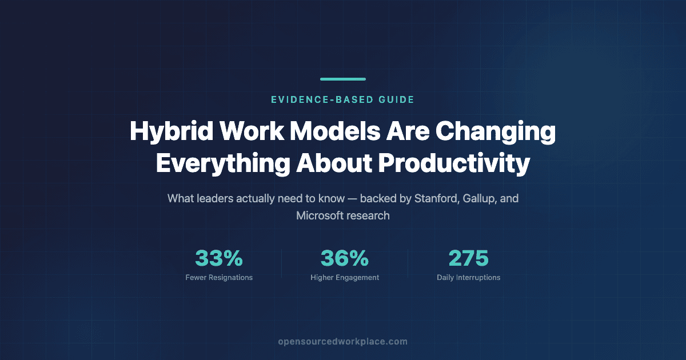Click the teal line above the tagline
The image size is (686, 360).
click(x=343, y=79)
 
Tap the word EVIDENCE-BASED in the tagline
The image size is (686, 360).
click(x=322, y=99)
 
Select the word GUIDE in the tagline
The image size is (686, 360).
click(x=397, y=99)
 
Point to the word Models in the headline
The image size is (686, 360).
click(x=335, y=131)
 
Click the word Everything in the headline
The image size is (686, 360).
click(x=223, y=164)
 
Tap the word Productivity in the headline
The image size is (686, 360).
click(x=454, y=164)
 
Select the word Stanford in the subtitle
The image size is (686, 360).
click(x=437, y=198)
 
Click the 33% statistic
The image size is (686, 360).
click(x=219, y=258)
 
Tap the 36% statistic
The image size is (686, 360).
click(x=345, y=258)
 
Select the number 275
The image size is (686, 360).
click(x=469, y=258)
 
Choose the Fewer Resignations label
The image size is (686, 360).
click(x=219, y=278)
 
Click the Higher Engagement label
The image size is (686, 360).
click(x=345, y=278)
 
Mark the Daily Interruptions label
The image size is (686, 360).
click(x=469, y=278)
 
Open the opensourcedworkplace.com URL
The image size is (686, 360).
click(x=342, y=342)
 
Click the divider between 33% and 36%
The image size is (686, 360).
click(x=281, y=263)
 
